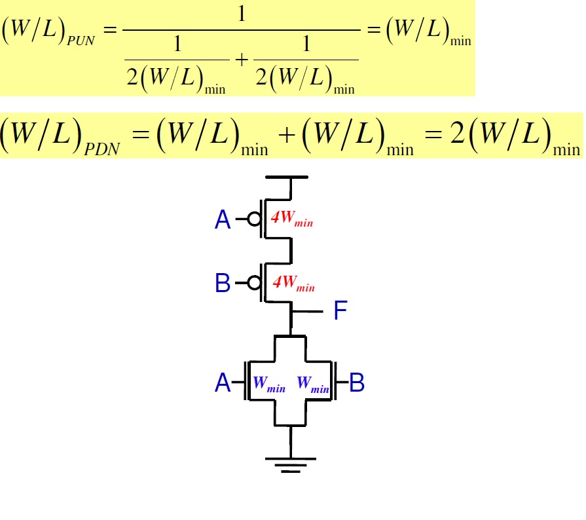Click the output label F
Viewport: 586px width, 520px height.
tap(340, 311)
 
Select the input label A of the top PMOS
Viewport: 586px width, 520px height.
tap(223, 221)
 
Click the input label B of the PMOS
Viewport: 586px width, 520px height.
tap(223, 283)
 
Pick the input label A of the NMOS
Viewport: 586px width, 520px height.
tap(223, 382)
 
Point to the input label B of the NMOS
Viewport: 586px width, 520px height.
tap(357, 382)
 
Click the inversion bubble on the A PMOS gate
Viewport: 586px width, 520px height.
tap(254, 219)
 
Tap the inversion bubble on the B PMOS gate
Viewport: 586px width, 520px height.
tap(254, 282)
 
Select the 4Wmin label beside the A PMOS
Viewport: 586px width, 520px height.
tap(292, 219)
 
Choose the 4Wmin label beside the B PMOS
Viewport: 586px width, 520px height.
tap(293, 284)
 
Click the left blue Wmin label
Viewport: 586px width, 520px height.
tap(268, 384)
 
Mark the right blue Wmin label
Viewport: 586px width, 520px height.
tap(312, 384)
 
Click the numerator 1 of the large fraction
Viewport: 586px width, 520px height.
tap(241, 14)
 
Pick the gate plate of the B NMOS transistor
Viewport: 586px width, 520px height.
tap(336, 381)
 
